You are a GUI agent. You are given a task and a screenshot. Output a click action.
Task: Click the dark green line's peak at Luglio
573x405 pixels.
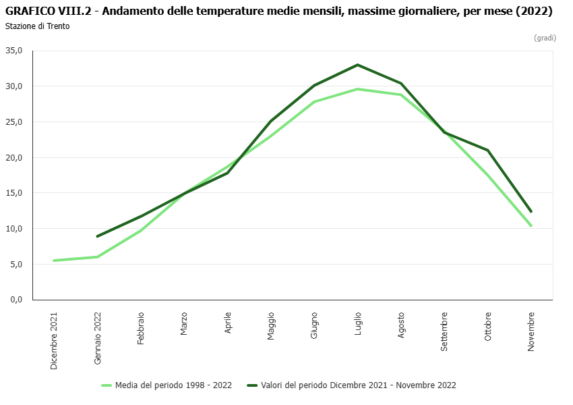(x=358, y=65)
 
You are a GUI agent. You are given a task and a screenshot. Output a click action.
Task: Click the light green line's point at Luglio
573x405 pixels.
(x=358, y=89)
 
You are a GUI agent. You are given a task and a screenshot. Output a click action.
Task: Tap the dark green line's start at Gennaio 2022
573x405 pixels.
(x=98, y=236)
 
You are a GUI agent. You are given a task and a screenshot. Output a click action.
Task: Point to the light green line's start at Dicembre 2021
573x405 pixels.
(x=54, y=261)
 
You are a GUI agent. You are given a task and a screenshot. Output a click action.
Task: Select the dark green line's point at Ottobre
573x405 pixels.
(x=487, y=150)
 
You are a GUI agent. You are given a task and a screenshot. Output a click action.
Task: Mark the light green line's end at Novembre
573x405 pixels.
(x=531, y=225)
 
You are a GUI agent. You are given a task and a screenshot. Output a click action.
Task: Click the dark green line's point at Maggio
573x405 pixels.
(x=271, y=121)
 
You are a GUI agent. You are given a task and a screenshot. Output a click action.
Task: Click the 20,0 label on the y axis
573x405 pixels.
(x=15, y=157)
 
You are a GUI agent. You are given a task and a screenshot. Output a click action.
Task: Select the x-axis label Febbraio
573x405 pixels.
(x=141, y=328)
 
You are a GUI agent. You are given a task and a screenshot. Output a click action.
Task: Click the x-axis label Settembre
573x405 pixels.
(x=444, y=331)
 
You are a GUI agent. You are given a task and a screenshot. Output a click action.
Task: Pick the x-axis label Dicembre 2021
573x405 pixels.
(x=54, y=340)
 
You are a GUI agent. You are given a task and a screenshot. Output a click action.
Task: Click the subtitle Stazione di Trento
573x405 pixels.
(x=37, y=26)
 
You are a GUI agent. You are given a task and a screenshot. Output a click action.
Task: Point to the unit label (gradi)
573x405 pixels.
(x=545, y=38)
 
